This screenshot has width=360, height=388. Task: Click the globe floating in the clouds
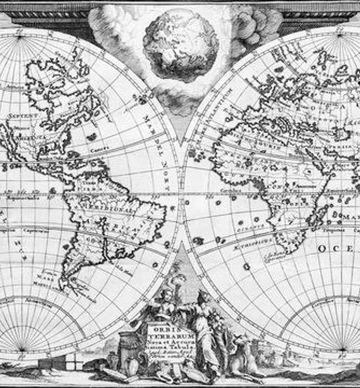click(180, 44)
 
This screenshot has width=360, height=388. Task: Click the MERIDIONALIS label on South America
click(110, 209)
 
